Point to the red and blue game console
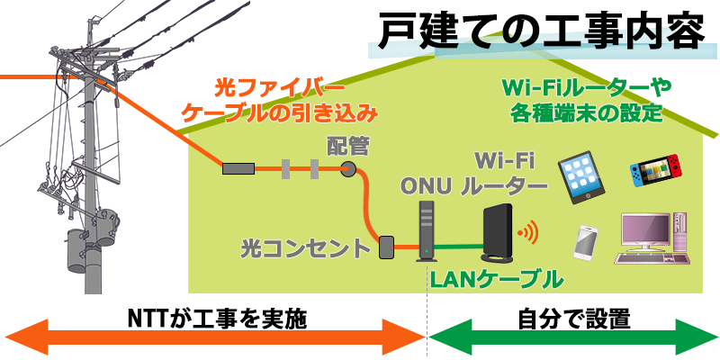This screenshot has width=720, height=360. (x=654, y=169)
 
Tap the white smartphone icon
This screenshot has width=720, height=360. (x=586, y=241)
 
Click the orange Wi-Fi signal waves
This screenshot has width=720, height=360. (x=528, y=233)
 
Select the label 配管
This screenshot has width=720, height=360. (x=348, y=147)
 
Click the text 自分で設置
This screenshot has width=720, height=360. (x=573, y=319)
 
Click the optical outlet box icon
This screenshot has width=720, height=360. (x=387, y=247)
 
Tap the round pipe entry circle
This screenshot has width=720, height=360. (x=348, y=167)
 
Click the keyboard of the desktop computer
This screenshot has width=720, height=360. (x=646, y=259)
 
